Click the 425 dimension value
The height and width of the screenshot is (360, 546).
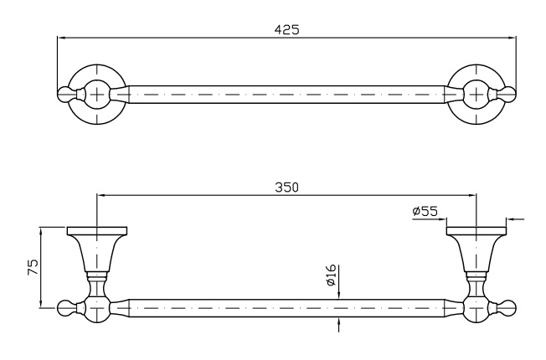286,28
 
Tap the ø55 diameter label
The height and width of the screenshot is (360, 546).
425,213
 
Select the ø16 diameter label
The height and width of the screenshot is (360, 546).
332,275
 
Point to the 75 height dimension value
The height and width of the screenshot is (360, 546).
33,268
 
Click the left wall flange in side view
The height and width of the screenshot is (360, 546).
97,230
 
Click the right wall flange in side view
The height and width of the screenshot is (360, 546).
476,230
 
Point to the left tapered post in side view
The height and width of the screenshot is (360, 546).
97,251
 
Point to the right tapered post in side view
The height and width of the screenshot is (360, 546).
476,251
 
